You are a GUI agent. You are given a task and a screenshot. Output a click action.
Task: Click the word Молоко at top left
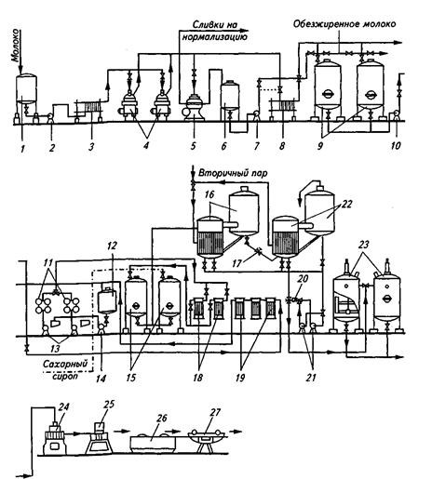click(16, 46)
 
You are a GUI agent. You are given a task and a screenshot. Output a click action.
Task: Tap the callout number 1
click(22, 149)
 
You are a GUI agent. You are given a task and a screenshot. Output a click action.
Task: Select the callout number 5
click(194, 146)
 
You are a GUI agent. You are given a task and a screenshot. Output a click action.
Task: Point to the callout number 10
click(396, 145)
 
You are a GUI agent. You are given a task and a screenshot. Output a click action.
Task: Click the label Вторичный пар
click(233, 173)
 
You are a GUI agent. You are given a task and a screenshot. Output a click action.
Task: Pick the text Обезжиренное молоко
click(344, 24)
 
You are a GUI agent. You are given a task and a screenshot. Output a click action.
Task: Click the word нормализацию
click(215, 37)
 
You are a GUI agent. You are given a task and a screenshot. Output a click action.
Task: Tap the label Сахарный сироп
click(65, 369)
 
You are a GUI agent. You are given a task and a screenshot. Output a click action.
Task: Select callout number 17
click(237, 263)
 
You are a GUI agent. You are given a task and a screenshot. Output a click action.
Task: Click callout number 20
click(303, 279)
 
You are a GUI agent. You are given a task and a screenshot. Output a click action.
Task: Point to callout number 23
click(363, 245)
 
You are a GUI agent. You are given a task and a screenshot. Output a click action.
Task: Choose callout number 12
click(112, 246)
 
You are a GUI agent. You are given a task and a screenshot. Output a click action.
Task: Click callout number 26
click(162, 418)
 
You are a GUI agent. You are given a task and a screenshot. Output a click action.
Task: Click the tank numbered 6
click(230, 100)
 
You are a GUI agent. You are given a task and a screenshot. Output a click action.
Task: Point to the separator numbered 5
click(194, 108)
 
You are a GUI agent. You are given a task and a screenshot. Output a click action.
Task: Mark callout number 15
click(131, 378)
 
